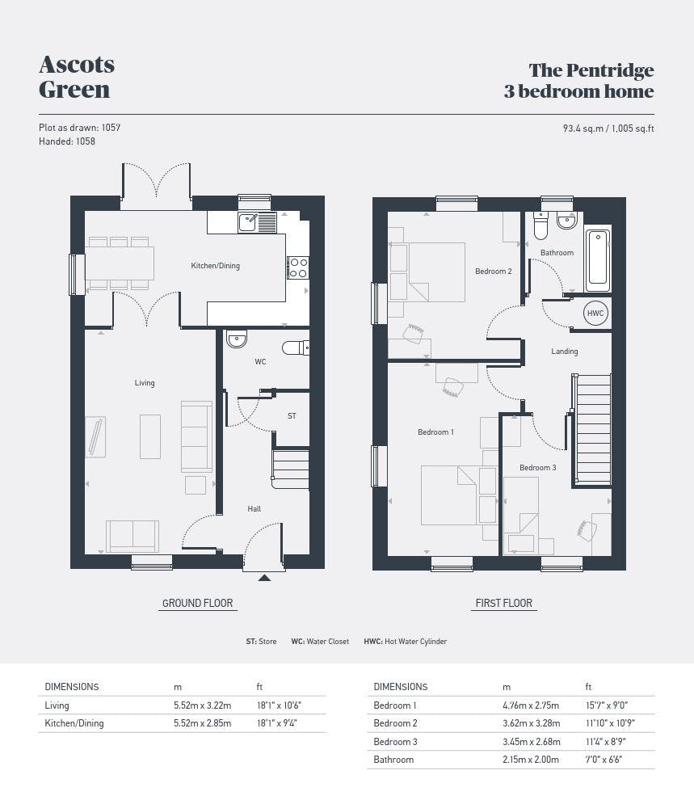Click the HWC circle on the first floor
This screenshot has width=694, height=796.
[x=595, y=314]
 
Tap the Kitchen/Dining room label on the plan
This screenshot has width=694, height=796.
[x=215, y=266]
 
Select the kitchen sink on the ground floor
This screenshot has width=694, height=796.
[x=258, y=222]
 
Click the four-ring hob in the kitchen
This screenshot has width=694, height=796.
[x=298, y=267]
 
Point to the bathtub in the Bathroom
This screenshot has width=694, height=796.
[x=598, y=261]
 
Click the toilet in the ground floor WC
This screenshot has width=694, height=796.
[x=296, y=347]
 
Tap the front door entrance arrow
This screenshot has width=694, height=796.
[x=264, y=578]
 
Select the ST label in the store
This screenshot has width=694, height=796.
[x=292, y=415]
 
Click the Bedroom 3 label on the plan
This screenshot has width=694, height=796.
[x=537, y=468]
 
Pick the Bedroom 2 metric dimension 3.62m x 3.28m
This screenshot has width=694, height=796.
[x=532, y=723]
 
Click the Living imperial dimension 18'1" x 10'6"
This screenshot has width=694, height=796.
[x=280, y=705]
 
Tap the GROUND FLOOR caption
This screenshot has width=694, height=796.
[x=197, y=603]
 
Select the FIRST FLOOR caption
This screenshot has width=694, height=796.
[x=504, y=603]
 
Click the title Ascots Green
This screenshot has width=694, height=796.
[x=77, y=77]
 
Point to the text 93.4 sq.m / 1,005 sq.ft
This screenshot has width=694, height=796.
[x=608, y=128]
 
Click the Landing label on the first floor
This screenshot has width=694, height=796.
[x=565, y=352]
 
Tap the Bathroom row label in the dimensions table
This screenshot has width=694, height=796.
[x=393, y=760]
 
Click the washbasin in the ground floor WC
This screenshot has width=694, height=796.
[x=237, y=339]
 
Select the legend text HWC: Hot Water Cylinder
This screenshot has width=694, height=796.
[x=405, y=641]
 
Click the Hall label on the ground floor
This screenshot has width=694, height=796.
[x=254, y=508]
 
